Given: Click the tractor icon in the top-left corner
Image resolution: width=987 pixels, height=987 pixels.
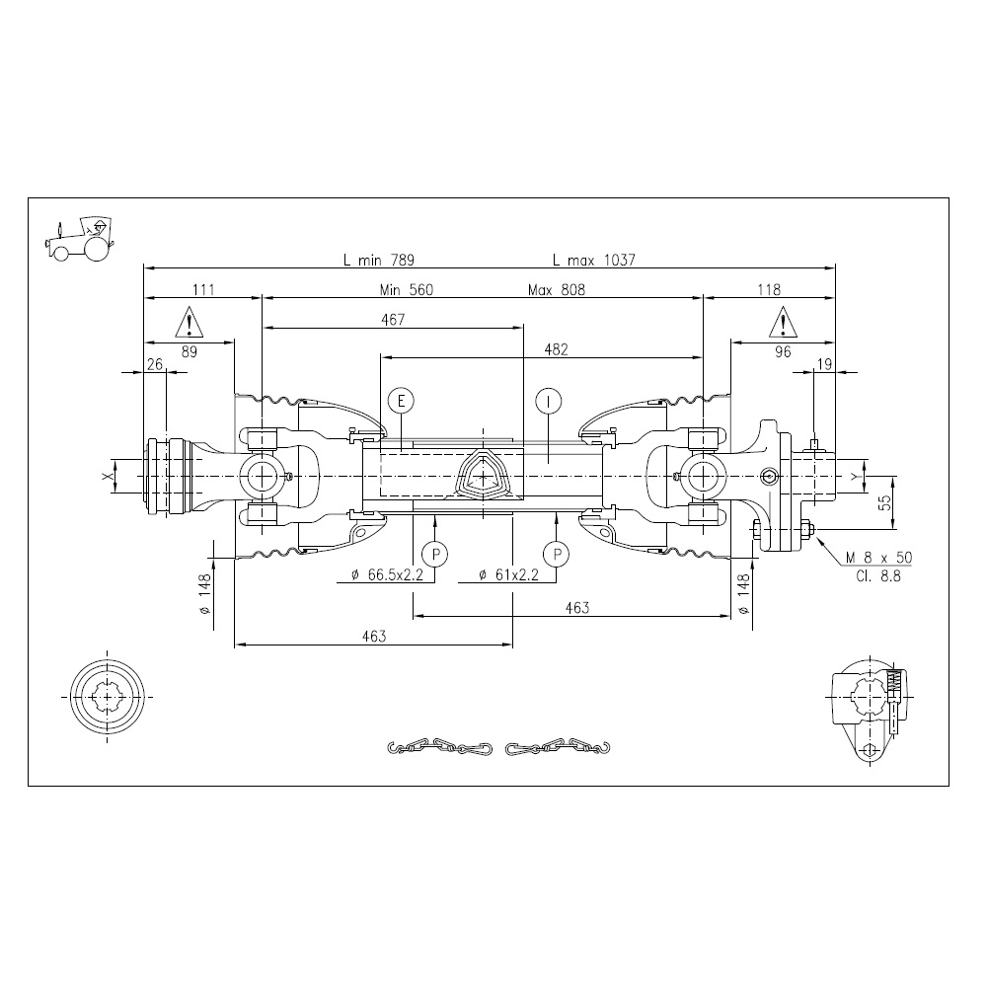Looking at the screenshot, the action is [x=79, y=239].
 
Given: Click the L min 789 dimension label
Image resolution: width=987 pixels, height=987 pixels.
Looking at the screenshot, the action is [x=379, y=260].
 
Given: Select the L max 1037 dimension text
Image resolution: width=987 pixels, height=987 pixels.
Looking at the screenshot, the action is [x=594, y=260].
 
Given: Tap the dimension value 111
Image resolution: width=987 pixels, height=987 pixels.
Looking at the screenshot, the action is [x=203, y=289].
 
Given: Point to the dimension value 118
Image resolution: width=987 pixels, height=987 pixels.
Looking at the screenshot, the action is [x=769, y=289].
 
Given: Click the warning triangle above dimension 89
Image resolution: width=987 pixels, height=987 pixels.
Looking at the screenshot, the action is [x=189, y=322].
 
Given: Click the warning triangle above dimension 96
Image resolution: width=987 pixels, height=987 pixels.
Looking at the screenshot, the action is [x=783, y=322].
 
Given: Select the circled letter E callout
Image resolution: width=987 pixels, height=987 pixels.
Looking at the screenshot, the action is [x=401, y=401].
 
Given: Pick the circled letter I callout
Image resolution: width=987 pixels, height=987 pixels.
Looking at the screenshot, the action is [x=549, y=401].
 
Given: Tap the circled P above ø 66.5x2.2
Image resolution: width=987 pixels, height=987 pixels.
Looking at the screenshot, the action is [x=434, y=555].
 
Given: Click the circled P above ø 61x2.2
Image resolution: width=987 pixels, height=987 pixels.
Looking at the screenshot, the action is [x=557, y=555].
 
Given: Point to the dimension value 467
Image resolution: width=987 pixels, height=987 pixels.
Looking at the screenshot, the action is [x=393, y=320].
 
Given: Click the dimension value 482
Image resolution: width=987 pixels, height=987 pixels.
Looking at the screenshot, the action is [x=557, y=349].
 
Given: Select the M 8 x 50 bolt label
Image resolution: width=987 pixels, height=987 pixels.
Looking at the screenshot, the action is [x=878, y=557].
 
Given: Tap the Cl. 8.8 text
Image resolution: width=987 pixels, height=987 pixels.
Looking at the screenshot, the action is [x=878, y=575].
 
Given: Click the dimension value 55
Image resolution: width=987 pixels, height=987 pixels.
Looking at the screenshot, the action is [x=885, y=501].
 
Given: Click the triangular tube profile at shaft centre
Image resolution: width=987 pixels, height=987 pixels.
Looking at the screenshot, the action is [x=483, y=477].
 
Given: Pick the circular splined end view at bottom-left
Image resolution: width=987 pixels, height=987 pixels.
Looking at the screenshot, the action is [x=108, y=696].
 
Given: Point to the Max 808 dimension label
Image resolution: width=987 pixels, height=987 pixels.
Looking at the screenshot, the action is [x=557, y=289].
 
